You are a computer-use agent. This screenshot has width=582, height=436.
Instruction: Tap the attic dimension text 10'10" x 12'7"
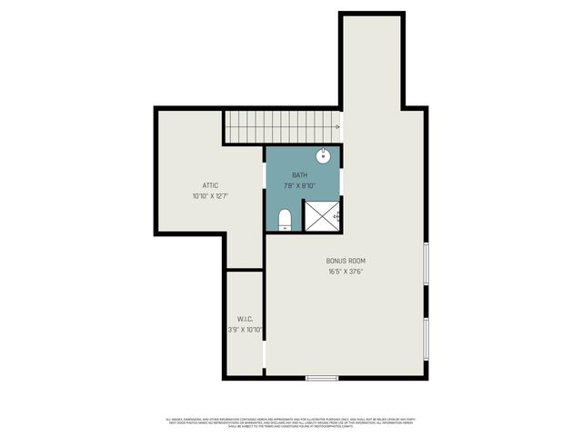[209, 195]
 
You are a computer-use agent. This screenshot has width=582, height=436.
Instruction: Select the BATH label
[299, 174]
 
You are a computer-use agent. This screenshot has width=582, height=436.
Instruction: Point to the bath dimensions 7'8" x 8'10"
[299, 185]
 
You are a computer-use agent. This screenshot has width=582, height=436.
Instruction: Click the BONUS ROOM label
[346, 261]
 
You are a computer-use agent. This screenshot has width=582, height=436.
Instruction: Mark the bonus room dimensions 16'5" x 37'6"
[346, 272]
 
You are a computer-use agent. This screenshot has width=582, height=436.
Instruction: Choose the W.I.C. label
[245, 319]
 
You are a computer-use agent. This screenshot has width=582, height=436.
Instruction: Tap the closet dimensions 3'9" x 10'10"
[246, 330]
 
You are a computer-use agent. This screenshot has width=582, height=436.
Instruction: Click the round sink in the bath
[324, 155]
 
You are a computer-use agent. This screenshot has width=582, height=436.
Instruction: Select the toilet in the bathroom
[284, 219]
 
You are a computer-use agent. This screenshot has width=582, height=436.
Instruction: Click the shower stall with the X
[321, 214]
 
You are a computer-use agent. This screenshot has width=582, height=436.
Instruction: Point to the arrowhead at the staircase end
[337, 127]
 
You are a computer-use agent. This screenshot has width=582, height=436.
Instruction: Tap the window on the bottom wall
[321, 378]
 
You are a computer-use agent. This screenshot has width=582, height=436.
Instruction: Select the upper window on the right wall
[426, 264]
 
